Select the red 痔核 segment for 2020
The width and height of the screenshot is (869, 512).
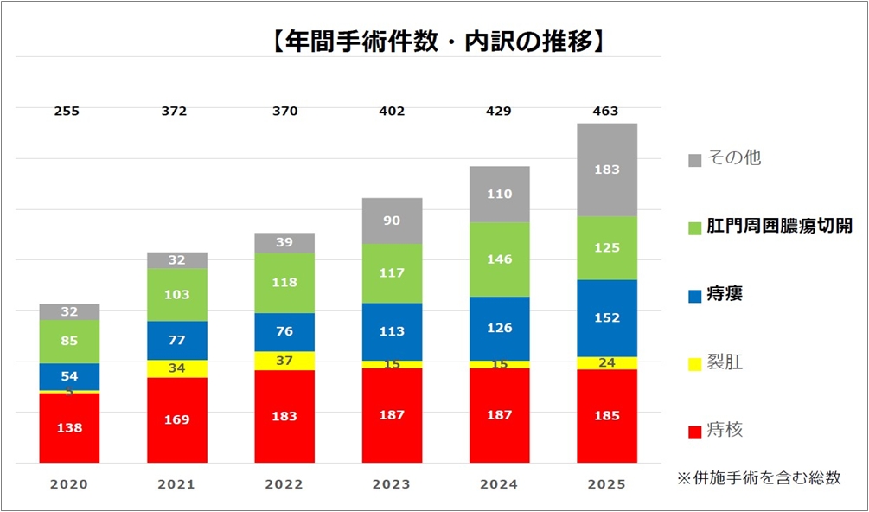point(69,428)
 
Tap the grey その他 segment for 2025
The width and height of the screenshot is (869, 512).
point(607,170)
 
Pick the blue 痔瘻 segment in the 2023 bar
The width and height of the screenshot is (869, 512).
point(392,332)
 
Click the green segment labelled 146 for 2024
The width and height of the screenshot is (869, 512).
point(499,259)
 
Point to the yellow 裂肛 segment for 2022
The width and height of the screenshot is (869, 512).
point(284,361)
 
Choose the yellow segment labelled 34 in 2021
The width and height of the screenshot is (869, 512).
point(176,368)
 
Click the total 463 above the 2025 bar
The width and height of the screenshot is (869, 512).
point(606,111)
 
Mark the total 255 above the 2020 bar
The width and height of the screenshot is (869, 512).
point(69,111)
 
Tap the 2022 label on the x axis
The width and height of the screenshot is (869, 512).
point(284,485)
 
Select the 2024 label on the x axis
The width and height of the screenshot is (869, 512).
point(499,485)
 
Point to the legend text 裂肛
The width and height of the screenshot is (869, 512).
point(725,362)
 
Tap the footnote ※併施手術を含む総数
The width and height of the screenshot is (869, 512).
point(758,477)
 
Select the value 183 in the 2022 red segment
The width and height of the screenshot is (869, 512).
point(284,417)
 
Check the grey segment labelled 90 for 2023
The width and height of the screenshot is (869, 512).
point(392,221)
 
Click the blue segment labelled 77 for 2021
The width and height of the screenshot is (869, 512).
point(176,341)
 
